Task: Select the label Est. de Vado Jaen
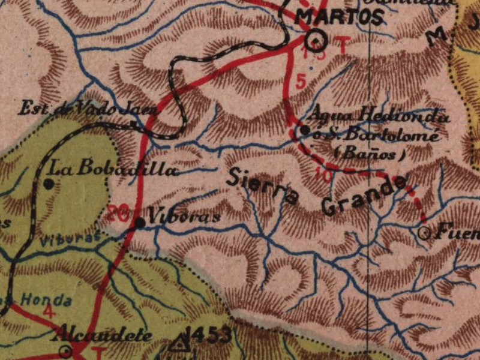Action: [87, 109]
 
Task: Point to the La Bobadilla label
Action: [114, 170]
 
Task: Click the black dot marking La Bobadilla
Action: [48, 184]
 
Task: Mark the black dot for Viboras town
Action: [140, 223]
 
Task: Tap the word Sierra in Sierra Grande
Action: [262, 185]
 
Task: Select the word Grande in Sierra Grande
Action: [364, 196]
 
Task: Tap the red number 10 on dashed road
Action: [322, 176]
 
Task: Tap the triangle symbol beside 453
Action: [178, 344]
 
